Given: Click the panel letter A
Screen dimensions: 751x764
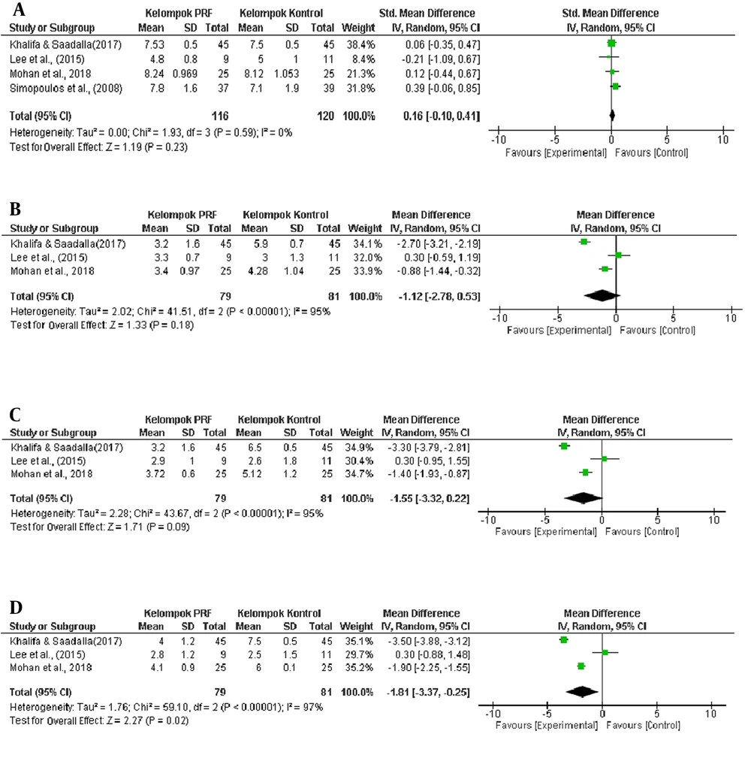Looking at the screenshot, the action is coord(19,9).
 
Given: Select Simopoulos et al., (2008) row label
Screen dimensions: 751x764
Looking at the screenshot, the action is coord(66,88).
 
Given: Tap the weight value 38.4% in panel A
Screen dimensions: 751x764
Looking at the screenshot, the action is coord(360,45).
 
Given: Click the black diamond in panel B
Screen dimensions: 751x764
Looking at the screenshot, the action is coord(602,296).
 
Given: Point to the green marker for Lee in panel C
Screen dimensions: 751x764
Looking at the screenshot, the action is coord(604,459).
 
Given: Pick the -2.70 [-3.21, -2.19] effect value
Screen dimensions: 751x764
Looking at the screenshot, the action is coord(439,243).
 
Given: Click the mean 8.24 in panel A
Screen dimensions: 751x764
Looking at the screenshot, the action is coord(154,74).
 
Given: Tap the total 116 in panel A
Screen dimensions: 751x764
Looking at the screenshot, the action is coord(220,116).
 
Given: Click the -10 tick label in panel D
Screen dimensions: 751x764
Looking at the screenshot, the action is coord(493,714).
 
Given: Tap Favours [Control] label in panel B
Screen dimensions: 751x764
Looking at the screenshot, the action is coord(657,331).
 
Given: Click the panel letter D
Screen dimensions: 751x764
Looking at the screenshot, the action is coord(16,608).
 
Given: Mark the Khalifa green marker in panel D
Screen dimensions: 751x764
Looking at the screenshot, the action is coord(564,640).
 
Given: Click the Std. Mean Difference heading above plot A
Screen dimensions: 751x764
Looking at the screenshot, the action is coord(611,14).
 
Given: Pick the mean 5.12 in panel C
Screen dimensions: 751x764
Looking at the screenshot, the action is coord(252,473).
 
